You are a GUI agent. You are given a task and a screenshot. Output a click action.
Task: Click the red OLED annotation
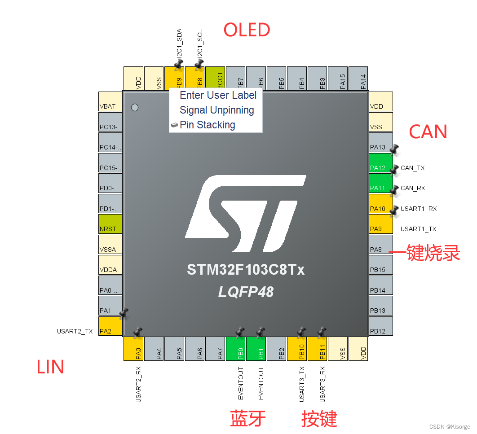[x=247, y=30]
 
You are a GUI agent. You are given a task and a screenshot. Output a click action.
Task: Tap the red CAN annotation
[x=428, y=132]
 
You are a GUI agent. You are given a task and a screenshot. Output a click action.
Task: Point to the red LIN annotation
[x=50, y=367]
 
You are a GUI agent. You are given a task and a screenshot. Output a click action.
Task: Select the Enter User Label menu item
[x=218, y=95]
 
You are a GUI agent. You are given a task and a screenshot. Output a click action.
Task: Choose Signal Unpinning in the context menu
[x=216, y=110]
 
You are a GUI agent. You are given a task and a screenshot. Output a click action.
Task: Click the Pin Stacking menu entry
[x=207, y=125]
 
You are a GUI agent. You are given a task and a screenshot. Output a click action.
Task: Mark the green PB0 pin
[x=240, y=349]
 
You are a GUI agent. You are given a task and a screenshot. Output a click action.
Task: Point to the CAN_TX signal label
[x=412, y=168]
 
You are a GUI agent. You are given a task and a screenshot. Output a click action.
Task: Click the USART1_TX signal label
[x=418, y=229]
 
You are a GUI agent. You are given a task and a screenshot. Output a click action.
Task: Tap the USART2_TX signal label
[x=75, y=332]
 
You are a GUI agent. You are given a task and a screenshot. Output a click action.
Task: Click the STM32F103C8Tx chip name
[x=246, y=270]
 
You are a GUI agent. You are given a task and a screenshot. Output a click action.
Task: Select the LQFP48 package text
[x=246, y=292]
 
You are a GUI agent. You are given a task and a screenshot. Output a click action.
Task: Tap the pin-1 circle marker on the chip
[x=134, y=107]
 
